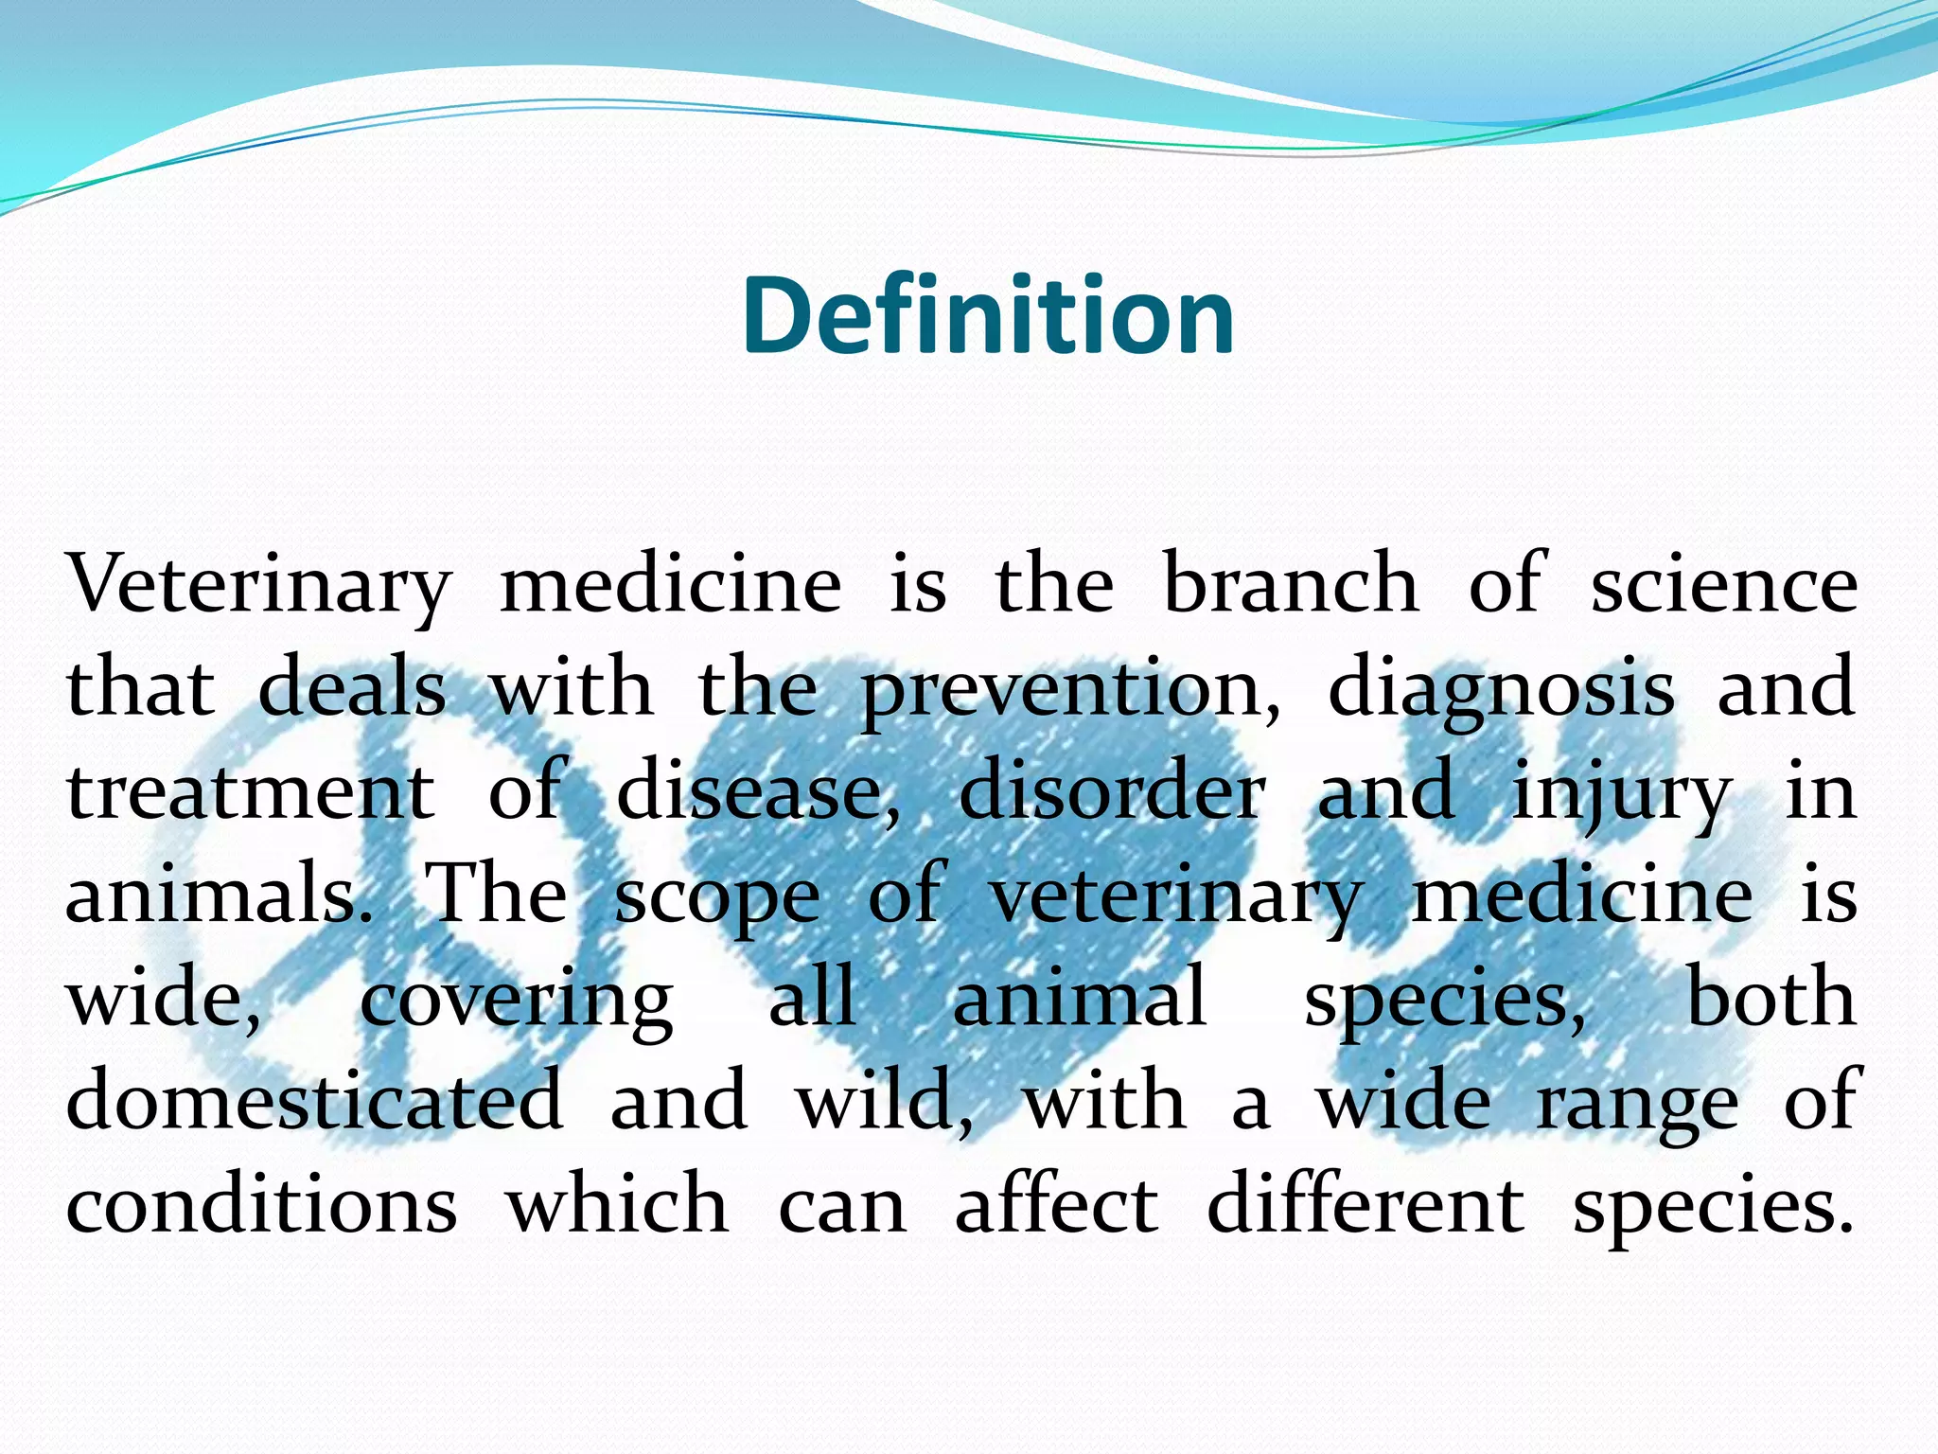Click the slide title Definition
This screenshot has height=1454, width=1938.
(988, 316)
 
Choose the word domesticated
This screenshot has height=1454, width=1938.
(314, 1102)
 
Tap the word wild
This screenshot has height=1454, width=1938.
(884, 1102)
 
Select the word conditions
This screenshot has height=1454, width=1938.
(261, 1206)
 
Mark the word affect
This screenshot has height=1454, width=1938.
(1056, 1204)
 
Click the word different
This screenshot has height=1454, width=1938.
(1365, 1204)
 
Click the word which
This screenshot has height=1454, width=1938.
(617, 1204)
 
